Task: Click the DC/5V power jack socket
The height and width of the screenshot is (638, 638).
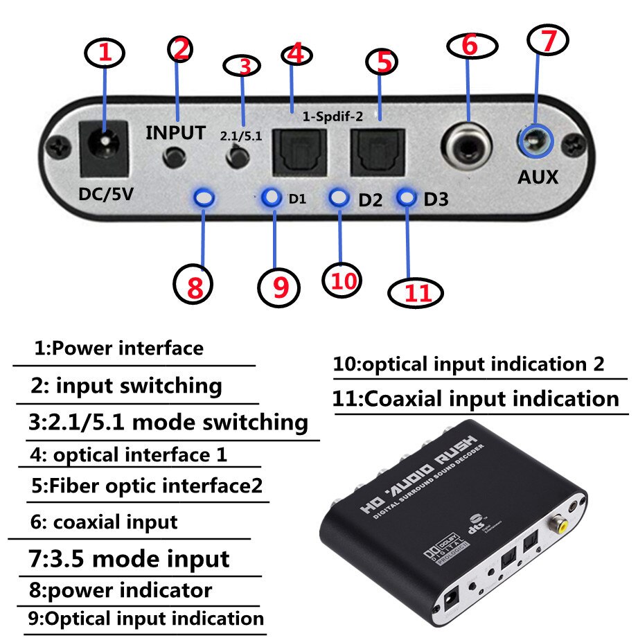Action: [x=105, y=148]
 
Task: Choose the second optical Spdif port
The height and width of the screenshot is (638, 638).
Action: [x=375, y=152]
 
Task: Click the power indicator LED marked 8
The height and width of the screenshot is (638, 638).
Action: [x=204, y=198]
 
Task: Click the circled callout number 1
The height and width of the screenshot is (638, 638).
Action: [x=105, y=54]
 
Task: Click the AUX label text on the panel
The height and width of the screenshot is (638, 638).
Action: [x=538, y=177]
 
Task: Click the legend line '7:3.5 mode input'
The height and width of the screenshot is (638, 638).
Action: [x=130, y=558]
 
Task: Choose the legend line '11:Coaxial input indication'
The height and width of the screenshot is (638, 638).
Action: [x=476, y=399]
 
